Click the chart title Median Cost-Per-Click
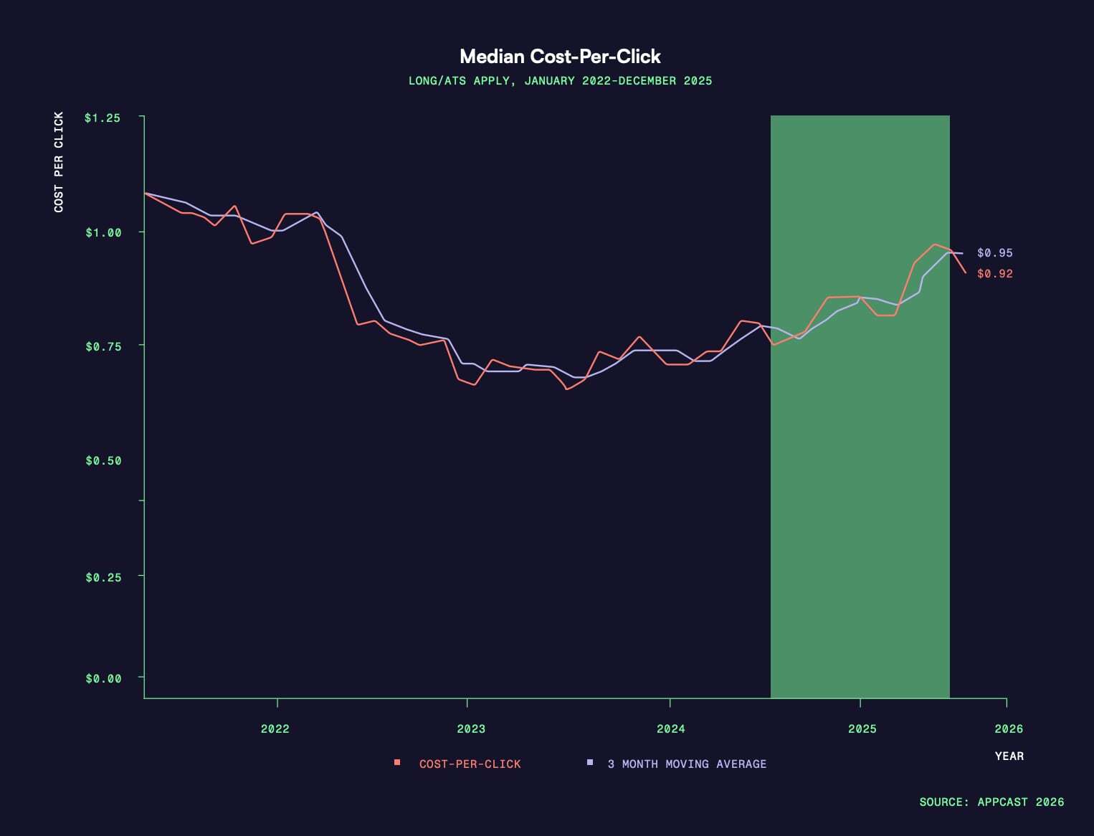coord(560,57)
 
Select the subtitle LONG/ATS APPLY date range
coord(560,81)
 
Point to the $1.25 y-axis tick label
coord(103,118)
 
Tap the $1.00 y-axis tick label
coord(103,232)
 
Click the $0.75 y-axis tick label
coord(103,346)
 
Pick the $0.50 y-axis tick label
coord(103,460)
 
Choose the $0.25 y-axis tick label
coord(103,577)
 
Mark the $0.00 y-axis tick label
coord(103,678)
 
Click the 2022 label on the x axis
coord(275,729)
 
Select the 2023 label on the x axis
coord(471,729)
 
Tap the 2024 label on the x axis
coord(671,729)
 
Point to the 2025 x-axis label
coord(862,729)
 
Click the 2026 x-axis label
coord(1009,729)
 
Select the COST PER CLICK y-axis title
coord(59,162)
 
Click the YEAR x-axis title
coord(1009,756)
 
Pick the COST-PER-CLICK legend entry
coord(470,764)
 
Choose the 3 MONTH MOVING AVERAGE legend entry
coord(686,764)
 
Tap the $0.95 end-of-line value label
coord(995,253)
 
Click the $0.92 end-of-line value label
coord(995,274)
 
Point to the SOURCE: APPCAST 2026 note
coord(991,802)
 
